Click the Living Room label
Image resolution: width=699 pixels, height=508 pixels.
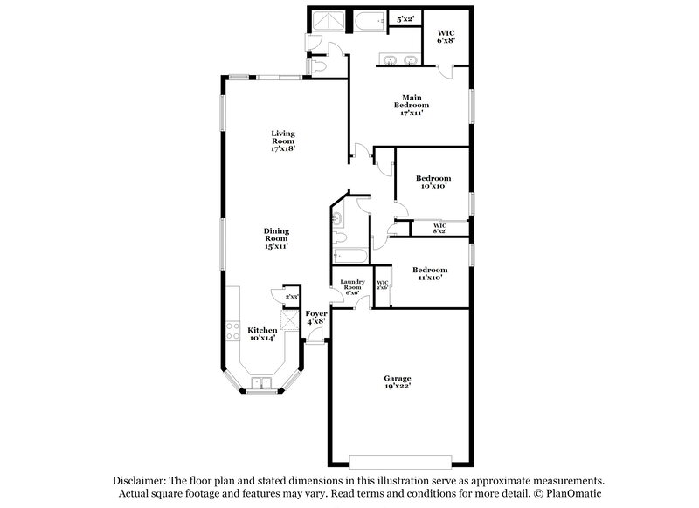point(282,141)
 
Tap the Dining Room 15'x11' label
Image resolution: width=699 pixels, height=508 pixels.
point(276,238)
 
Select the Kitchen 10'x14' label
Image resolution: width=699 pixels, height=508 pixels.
point(262,333)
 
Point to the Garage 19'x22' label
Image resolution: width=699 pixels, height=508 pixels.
point(398,381)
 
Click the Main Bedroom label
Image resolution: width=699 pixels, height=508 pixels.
point(412,104)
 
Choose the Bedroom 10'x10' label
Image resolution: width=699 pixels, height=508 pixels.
point(432,182)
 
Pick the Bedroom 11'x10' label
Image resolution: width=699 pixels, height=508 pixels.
point(430,273)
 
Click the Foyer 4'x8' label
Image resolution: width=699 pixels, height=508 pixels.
point(316,317)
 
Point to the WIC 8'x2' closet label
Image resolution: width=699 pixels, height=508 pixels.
point(439,228)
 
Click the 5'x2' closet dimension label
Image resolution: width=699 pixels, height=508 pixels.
point(405,18)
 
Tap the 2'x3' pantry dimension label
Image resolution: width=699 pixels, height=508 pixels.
point(292,298)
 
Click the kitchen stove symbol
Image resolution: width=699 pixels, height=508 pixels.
point(233,331)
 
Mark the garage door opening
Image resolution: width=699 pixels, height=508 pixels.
point(400,459)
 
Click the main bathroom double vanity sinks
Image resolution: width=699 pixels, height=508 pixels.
point(399,59)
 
